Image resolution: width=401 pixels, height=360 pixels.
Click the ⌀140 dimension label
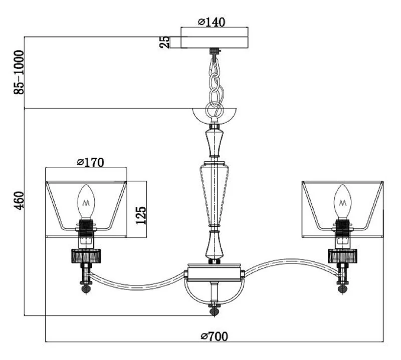[212, 22]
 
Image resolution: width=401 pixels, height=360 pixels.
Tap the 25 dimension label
[164, 42]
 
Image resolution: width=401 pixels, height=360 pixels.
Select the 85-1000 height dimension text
[19, 72]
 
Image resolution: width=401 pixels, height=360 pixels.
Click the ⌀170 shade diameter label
[90, 162]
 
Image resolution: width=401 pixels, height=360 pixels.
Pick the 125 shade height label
[141, 215]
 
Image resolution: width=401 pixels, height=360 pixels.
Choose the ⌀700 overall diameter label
[214, 336]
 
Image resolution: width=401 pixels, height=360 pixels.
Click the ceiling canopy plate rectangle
[215, 43]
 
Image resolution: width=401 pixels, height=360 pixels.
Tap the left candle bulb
[86, 202]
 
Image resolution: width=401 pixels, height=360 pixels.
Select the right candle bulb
[342, 202]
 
